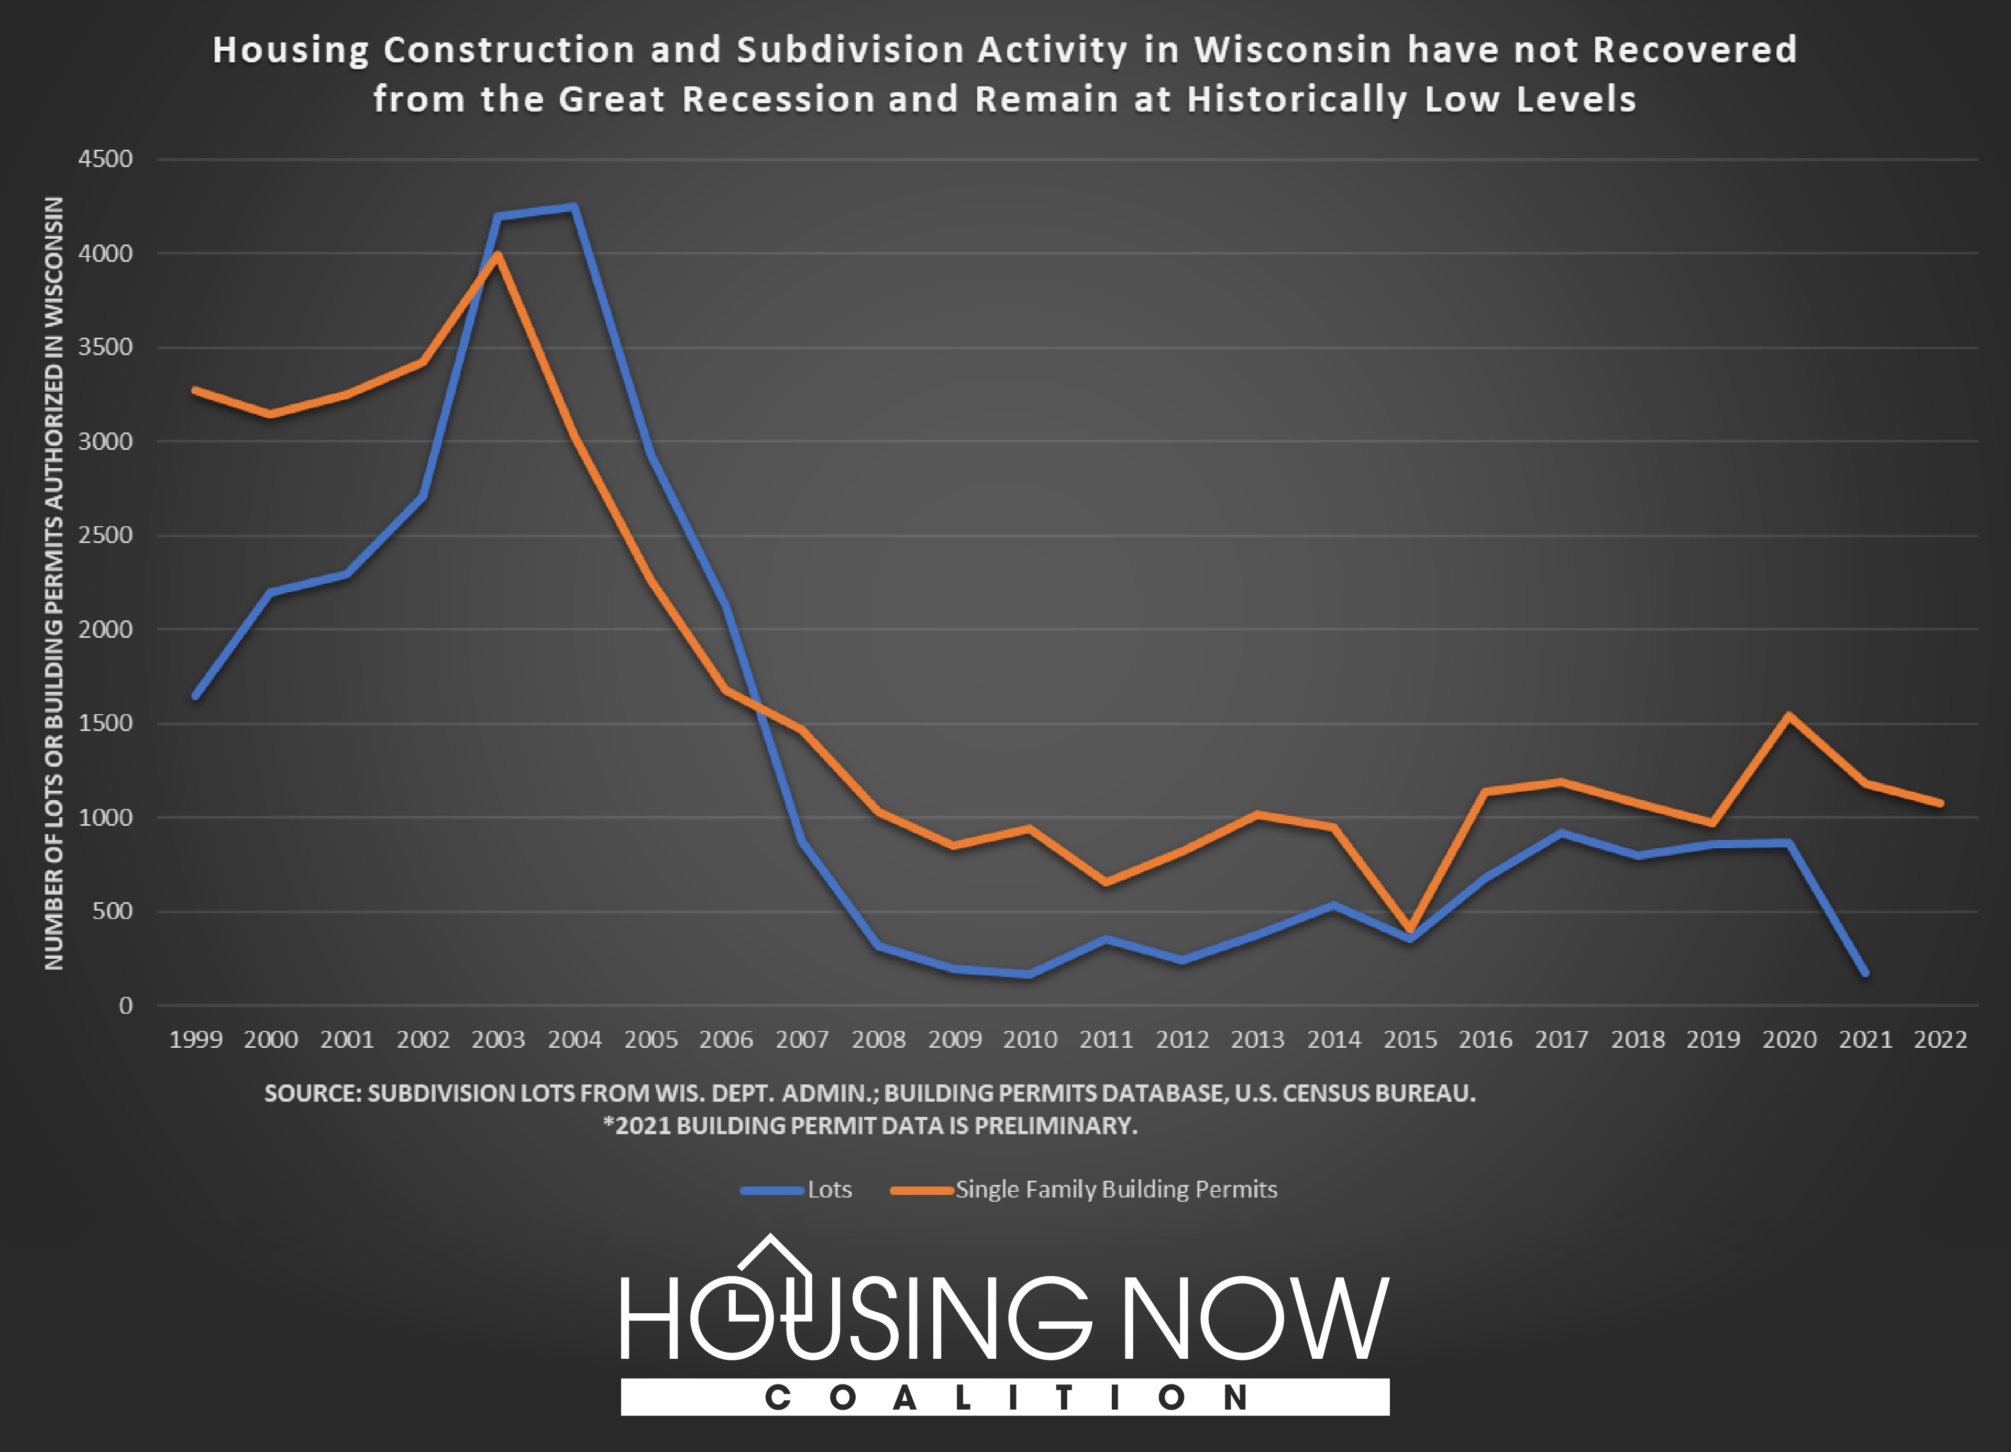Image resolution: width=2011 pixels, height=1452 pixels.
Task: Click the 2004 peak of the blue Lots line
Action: point(573,207)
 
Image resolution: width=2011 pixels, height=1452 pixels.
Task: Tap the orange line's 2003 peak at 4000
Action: point(499,256)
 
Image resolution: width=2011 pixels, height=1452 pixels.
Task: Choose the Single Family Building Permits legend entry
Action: point(1115,1190)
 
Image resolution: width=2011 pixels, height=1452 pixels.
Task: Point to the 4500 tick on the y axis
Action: point(105,160)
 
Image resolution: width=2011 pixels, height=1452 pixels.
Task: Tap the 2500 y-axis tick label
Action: point(105,536)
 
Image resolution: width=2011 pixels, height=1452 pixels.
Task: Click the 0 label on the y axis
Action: point(126,1005)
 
